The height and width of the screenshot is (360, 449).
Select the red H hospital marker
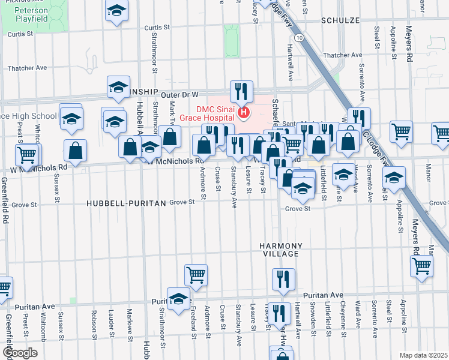click(x=244, y=112)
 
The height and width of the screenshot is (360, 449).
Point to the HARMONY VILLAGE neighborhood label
click(x=279, y=250)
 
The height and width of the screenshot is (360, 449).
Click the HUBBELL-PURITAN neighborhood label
click(x=125, y=203)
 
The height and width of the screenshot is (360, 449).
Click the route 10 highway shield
click(x=299, y=37)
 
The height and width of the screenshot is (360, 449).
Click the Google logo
click(x=19, y=352)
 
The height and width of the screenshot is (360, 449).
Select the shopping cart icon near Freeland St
click(x=196, y=275)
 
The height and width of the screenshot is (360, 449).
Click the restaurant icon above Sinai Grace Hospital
click(x=241, y=91)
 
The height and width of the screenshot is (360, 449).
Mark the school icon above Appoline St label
click(x=394, y=178)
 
